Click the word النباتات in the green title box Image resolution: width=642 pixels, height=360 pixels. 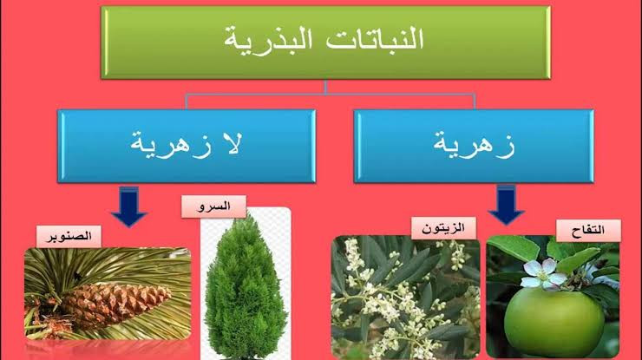[x=374, y=39]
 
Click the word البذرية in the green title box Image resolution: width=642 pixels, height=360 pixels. [x=268, y=40]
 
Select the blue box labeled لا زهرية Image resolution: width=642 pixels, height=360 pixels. [x=187, y=146]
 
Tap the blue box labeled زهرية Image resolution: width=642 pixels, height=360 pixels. [x=474, y=146]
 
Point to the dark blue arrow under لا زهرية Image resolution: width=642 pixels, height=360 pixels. [x=129, y=206]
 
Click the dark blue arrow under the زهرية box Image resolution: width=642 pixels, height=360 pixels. [x=506, y=205]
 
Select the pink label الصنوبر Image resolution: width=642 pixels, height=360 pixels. [x=69, y=237]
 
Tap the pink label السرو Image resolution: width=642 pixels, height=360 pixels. [x=213, y=206]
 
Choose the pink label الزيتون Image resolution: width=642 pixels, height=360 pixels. [x=444, y=228]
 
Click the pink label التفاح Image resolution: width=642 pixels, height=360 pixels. [x=588, y=231]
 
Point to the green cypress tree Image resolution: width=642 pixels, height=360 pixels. [x=244, y=289]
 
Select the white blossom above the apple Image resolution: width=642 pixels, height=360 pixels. [x=542, y=273]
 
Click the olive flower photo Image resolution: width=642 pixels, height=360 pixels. [x=405, y=297]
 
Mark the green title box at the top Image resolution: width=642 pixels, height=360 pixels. [x=325, y=43]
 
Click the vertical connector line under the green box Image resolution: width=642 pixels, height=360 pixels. [x=326, y=87]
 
